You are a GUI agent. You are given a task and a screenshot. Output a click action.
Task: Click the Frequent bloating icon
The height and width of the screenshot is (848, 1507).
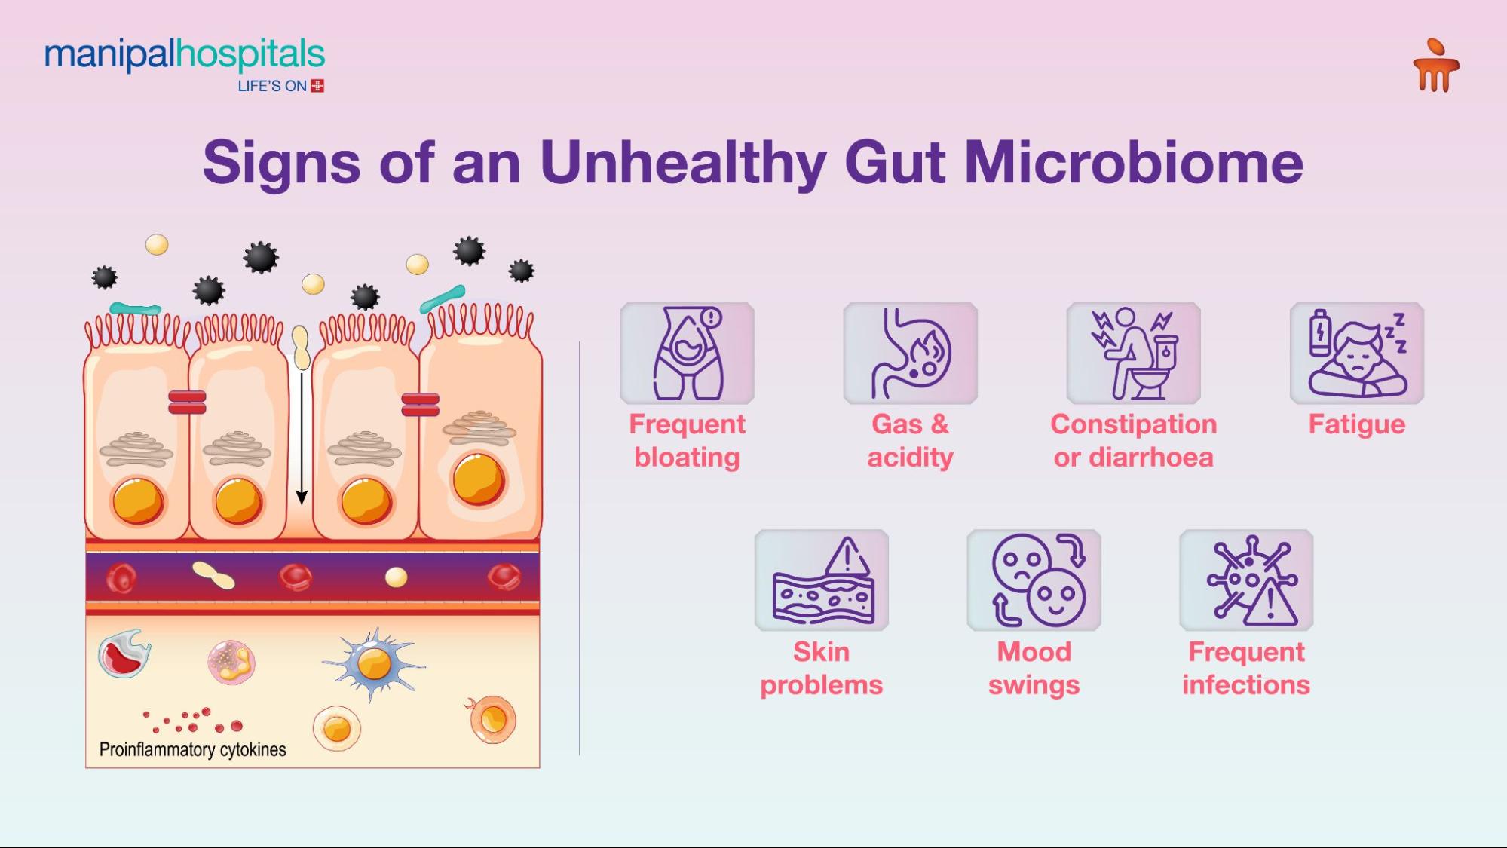point(687,353)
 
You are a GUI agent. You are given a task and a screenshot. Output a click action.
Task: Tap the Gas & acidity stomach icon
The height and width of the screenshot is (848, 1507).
point(910,353)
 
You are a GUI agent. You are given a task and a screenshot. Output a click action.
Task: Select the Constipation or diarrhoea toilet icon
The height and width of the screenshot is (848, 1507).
point(1133,353)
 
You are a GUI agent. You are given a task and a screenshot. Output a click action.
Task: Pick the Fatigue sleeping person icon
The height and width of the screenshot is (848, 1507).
point(1356,353)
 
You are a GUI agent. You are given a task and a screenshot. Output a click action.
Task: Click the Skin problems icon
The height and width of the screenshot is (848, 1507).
point(821,580)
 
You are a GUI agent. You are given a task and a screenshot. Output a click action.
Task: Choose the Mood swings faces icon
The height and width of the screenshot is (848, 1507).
point(1034,580)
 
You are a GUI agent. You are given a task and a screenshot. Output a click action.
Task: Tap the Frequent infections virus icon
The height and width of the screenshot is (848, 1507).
point(1246,580)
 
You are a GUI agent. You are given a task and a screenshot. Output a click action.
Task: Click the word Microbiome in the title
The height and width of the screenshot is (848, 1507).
point(1134,162)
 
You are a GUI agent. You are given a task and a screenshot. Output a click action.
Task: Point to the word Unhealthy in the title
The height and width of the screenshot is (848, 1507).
point(683,162)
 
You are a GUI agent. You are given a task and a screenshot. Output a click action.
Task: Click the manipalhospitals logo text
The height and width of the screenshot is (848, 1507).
point(185,54)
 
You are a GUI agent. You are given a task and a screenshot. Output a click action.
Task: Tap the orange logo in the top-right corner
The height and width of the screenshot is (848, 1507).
point(1435,66)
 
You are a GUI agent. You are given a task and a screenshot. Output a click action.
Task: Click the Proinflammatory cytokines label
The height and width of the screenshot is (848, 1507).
point(192,749)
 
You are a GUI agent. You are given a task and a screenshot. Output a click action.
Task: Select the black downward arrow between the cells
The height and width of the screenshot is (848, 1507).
point(302,437)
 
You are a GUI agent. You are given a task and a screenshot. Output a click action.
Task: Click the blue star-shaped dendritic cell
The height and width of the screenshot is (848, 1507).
point(374,664)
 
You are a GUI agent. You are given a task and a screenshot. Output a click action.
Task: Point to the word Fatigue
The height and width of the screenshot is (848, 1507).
point(1356,424)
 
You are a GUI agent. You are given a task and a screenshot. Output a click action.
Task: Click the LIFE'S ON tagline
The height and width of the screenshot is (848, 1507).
point(272,86)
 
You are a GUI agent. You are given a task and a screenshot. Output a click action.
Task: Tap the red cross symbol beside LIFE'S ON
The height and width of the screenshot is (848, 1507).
point(317,86)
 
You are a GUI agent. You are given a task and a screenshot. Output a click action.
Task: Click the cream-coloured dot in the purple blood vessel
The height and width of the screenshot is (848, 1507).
point(396,577)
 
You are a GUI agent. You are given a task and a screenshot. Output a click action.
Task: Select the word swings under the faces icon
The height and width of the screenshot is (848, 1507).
point(1034,685)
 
